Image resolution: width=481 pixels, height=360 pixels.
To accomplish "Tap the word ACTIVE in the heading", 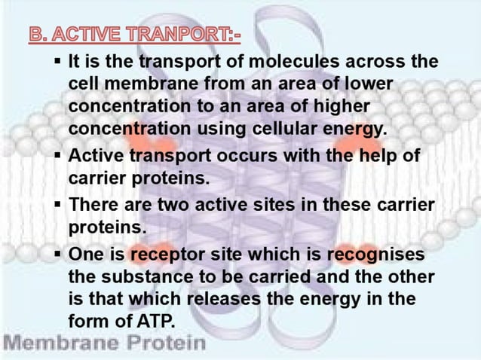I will pyautogui.click(x=88, y=35).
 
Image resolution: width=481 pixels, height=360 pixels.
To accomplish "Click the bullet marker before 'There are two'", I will pyautogui.click(x=57, y=205).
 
